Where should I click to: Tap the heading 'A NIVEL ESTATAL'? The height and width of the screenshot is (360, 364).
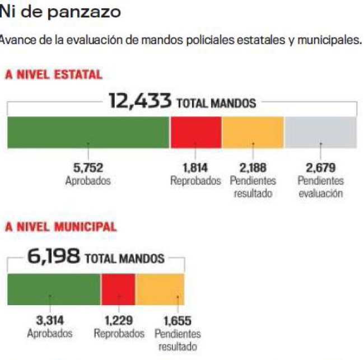(x=54, y=75)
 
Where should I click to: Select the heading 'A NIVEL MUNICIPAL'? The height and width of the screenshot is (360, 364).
(x=61, y=227)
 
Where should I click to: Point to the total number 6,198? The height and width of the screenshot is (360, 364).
(x=54, y=258)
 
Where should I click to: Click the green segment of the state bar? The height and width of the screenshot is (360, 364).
(x=88, y=133)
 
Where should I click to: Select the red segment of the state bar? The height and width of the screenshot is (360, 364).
(x=195, y=133)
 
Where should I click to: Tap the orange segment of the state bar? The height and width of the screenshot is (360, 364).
(x=253, y=133)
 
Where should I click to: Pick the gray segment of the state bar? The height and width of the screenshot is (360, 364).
(x=320, y=133)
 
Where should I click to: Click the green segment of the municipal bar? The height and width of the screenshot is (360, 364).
(x=54, y=289)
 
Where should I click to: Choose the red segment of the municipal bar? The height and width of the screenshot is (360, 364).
(x=118, y=289)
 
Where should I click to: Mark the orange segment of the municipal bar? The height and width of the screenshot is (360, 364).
(x=160, y=289)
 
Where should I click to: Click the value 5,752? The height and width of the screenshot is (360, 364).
(x=88, y=167)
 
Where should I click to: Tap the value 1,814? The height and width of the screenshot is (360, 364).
(x=195, y=167)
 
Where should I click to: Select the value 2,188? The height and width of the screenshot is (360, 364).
(x=253, y=167)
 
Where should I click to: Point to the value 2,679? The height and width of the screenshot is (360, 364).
(x=320, y=167)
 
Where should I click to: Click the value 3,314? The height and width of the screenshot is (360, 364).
(x=50, y=321)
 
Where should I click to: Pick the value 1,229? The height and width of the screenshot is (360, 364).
(x=118, y=321)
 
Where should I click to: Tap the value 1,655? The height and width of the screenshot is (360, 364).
(x=178, y=321)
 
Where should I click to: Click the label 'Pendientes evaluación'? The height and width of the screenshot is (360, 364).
(x=320, y=188)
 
